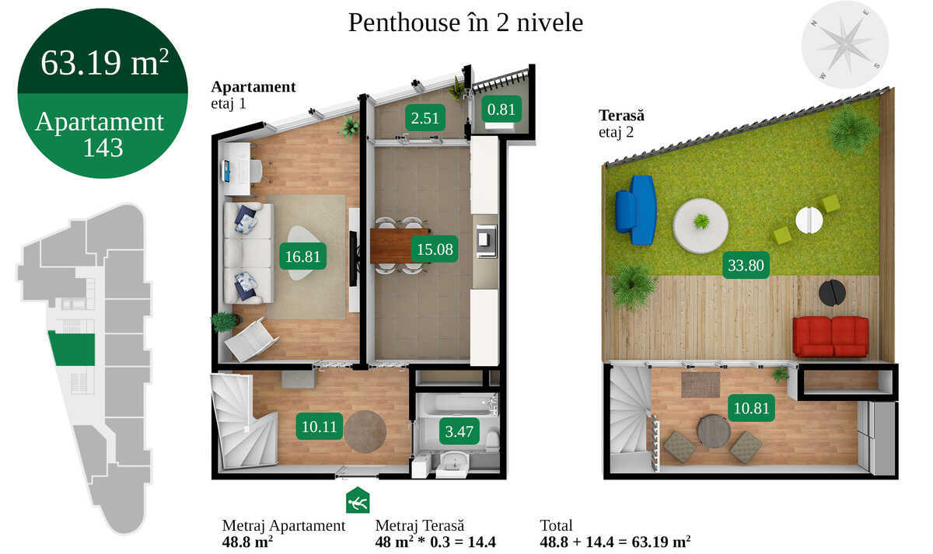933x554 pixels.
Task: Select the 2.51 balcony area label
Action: point(425,119)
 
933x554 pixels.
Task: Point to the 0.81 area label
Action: point(501,110)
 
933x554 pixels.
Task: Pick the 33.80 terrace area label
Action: point(746,266)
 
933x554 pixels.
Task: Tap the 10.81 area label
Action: point(751,407)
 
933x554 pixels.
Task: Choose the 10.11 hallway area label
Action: point(320,425)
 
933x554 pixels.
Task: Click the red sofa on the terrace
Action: point(830,336)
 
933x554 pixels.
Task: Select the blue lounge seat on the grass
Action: point(635,209)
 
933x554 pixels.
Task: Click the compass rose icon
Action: point(844,44)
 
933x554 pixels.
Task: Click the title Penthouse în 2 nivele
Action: point(465,23)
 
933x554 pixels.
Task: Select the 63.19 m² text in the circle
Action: point(104,63)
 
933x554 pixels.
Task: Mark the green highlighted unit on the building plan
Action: point(72,349)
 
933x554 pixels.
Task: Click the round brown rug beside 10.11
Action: point(365,432)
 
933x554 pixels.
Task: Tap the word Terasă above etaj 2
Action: point(621,116)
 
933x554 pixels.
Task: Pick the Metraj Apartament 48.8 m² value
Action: point(247,541)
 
